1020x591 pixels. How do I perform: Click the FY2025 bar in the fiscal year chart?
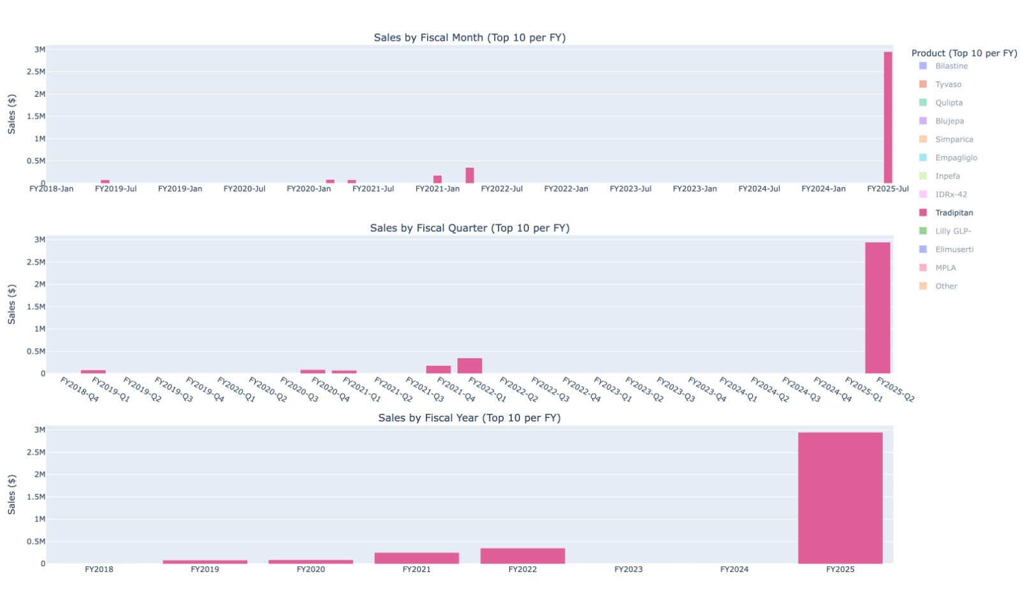(x=840, y=497)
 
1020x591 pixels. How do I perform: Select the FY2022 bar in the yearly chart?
(x=522, y=556)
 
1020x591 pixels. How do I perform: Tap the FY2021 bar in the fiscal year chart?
(x=416, y=558)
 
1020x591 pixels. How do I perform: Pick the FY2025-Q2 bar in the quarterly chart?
(x=877, y=307)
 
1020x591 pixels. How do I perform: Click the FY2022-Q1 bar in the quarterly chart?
(x=469, y=366)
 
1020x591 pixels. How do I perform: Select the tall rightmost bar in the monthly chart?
(x=887, y=117)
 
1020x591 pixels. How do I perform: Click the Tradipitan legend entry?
(x=954, y=213)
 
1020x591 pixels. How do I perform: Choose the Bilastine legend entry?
(x=951, y=66)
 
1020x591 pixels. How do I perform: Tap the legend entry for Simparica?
(x=954, y=140)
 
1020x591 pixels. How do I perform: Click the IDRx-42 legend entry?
(x=951, y=194)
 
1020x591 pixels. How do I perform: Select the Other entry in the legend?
(x=946, y=286)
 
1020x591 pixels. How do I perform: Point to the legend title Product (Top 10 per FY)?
(x=964, y=53)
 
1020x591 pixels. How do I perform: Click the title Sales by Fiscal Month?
(x=469, y=38)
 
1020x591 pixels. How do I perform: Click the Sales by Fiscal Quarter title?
(x=469, y=228)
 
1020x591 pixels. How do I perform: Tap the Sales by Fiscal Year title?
(x=469, y=418)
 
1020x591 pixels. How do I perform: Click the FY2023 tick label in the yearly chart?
(x=628, y=569)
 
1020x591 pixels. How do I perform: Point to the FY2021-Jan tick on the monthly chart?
(x=437, y=189)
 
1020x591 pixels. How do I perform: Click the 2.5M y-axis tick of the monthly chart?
(x=36, y=72)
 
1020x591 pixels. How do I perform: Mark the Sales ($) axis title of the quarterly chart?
(x=11, y=304)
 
